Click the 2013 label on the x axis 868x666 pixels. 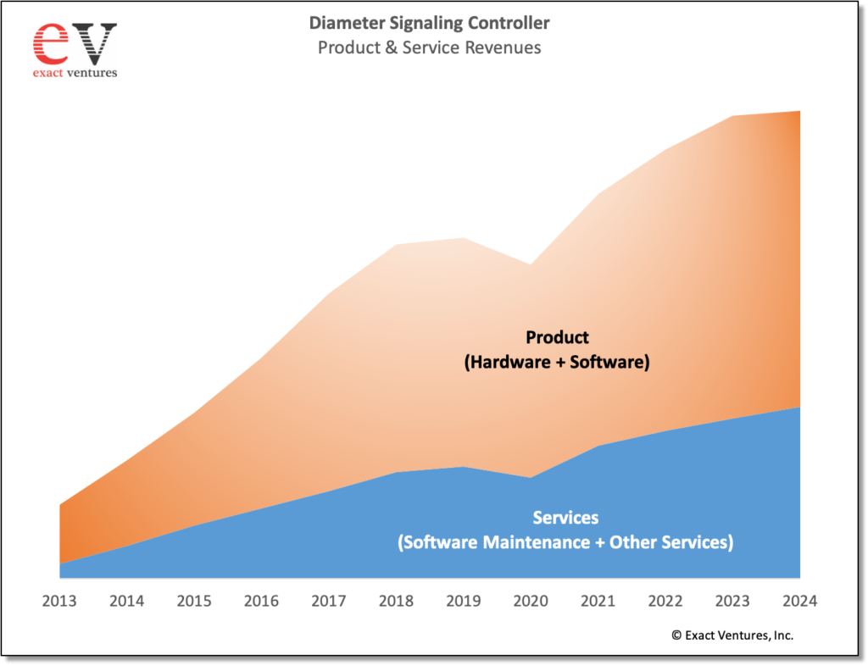(59, 602)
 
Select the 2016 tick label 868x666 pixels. (261, 602)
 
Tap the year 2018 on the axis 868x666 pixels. (396, 602)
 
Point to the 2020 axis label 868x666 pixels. (531, 602)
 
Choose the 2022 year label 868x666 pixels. (665, 602)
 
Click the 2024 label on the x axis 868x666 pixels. (799, 602)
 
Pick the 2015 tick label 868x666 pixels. (194, 602)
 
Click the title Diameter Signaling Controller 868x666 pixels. (428, 23)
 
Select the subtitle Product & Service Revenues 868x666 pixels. (429, 47)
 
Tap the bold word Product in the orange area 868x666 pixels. (557, 337)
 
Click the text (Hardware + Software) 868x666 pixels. (557, 363)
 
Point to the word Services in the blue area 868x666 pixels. (565, 518)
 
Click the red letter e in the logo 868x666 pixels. (51, 42)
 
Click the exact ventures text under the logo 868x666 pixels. (75, 73)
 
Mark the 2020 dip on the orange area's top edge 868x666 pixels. (531, 265)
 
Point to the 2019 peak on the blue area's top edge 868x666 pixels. (464, 467)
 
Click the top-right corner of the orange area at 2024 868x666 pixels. (798, 112)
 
